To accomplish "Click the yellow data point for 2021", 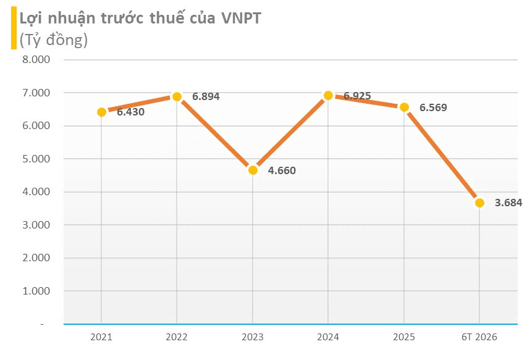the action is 101,112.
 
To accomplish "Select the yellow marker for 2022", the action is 177,97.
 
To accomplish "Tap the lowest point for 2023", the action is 253,170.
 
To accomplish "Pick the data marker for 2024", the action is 328,96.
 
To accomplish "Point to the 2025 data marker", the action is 404,107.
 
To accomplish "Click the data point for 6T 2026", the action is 479,203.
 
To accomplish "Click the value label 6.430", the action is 131,112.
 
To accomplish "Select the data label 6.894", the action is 206,97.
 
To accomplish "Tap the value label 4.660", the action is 282,170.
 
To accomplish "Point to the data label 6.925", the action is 357,96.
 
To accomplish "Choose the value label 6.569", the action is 434,107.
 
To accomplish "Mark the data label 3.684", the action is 509,203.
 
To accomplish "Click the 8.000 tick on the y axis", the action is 36,59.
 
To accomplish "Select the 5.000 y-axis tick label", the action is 36,159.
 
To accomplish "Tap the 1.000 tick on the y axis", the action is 36,291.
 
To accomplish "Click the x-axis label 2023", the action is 253,337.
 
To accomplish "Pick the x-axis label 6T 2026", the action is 479,337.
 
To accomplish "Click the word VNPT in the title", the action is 242,19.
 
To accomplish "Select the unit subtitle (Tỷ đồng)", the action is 54,40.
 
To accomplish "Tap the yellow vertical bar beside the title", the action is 14,28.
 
